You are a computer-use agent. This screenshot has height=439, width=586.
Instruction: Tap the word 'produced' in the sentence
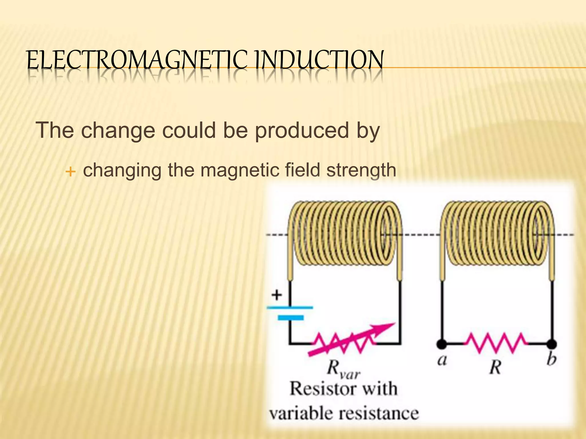coord(302,131)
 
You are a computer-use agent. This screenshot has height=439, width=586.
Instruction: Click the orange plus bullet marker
coord(70,172)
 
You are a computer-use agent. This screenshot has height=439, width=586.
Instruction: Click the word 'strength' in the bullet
coord(361,170)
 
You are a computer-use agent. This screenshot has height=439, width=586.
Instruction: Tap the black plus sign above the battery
coord(276,295)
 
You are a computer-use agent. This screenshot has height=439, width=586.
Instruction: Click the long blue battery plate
coord(290,308)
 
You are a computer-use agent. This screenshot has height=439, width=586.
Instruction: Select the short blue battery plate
coord(290,318)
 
